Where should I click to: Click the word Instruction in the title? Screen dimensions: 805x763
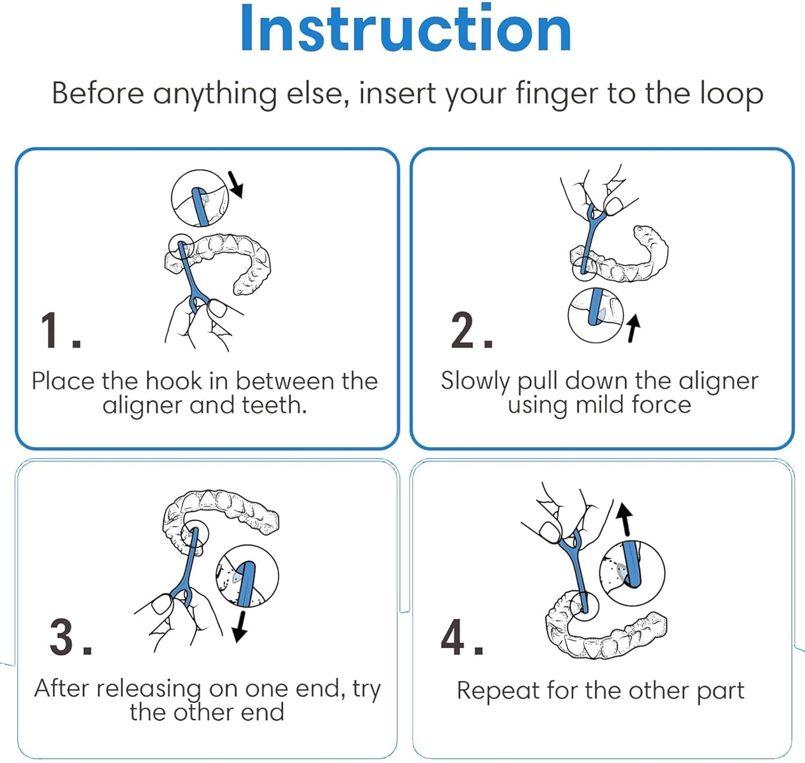coord(405,28)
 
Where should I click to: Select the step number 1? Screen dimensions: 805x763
coord(61,331)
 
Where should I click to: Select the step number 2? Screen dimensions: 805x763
coord(471,331)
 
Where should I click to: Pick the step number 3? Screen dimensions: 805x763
coord(70,637)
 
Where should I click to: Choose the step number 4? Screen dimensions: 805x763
coord(462,637)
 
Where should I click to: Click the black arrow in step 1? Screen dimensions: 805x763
coord(236,185)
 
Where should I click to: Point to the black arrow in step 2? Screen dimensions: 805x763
coord(634,328)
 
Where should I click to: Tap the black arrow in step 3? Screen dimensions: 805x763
coord(240,627)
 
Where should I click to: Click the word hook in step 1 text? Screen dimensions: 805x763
coord(173,381)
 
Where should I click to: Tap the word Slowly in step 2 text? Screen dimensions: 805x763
coord(474,381)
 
